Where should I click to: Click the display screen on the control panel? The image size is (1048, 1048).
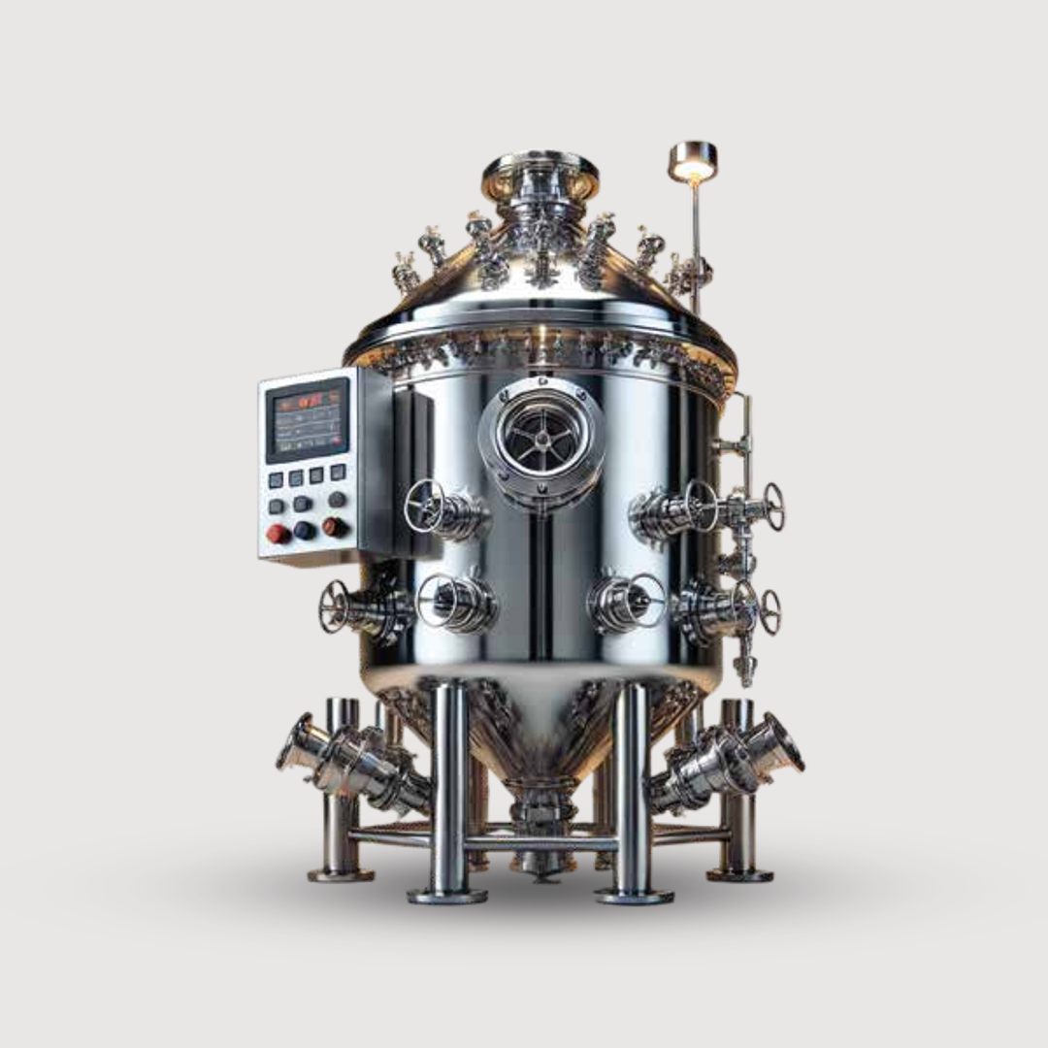tap(307, 420)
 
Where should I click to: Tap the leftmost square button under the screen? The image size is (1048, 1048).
tap(276, 479)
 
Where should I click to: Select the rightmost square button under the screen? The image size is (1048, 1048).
tap(337, 472)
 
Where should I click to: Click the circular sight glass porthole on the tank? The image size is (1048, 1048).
tap(540, 439)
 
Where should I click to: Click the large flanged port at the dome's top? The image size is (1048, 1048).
tap(540, 172)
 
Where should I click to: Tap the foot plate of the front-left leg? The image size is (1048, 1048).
tap(446, 895)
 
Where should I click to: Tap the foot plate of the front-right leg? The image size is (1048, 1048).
tap(634, 895)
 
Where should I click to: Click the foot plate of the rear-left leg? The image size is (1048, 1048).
tap(341, 874)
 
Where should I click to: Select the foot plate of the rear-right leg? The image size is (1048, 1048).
tap(739, 874)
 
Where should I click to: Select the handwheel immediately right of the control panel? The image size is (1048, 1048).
tap(424, 507)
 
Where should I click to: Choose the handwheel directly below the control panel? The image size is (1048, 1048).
tap(335, 607)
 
